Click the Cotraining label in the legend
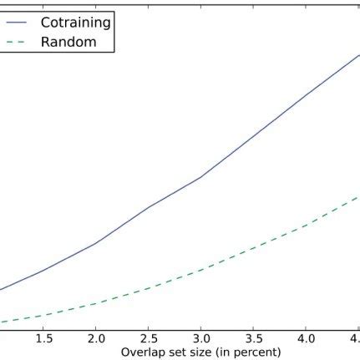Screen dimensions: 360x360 76,22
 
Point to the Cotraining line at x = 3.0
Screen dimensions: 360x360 200,177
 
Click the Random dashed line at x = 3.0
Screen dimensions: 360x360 200,271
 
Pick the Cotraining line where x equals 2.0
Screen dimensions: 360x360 96,243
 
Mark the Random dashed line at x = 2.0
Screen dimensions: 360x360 96,303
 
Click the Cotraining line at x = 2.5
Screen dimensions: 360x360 149,206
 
